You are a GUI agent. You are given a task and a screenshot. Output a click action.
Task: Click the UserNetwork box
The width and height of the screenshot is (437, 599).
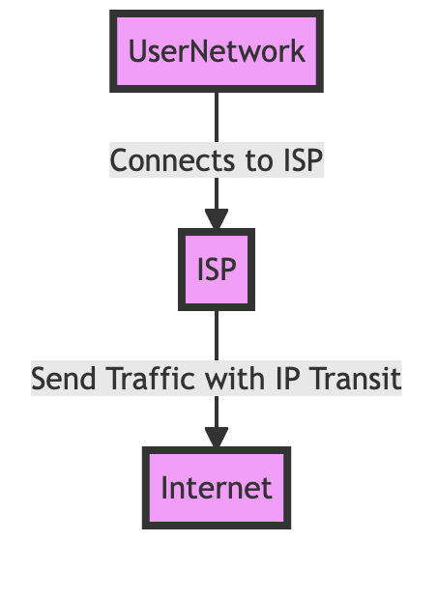pos(217,51)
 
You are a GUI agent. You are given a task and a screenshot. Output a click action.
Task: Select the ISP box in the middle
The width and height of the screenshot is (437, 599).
pos(217,270)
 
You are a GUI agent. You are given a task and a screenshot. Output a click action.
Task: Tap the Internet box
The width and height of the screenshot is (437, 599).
pos(217,488)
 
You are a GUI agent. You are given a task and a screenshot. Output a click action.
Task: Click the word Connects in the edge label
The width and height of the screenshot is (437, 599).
pos(172,160)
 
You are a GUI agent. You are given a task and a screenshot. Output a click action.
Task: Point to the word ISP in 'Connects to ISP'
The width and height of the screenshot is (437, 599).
pos(303,160)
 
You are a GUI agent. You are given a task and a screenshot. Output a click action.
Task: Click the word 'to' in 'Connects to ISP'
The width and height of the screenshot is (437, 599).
pos(259,161)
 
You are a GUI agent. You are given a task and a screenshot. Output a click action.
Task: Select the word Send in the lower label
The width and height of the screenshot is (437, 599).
pos(64,379)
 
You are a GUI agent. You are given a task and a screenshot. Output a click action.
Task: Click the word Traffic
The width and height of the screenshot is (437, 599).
pos(151,379)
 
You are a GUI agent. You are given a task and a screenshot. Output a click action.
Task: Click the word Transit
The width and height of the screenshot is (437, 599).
pos(357,379)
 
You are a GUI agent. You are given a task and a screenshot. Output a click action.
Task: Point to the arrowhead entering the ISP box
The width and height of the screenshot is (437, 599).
pos(217,219)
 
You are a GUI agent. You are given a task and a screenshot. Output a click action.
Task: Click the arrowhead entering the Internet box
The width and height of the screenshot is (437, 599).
pos(217,438)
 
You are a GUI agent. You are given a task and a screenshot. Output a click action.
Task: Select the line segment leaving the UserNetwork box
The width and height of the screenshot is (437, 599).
pos(217,117)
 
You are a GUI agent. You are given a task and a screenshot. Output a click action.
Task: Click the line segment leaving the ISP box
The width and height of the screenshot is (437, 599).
pos(217,335)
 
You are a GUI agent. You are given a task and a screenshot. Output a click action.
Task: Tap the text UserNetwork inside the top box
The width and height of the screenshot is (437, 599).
pos(217,51)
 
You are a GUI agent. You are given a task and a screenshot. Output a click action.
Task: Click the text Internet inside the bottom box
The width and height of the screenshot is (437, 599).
pos(217,488)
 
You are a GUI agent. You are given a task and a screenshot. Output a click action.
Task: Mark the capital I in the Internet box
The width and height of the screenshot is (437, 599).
pos(164,488)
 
